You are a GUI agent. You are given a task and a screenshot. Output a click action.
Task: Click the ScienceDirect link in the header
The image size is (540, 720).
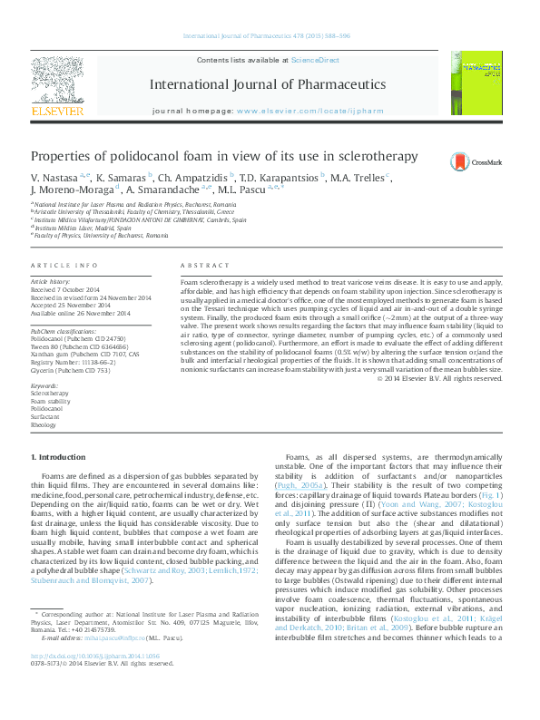pyautogui.click(x=315, y=60)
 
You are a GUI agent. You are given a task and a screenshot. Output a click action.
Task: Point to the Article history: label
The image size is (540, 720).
pyautogui.click(x=51, y=282)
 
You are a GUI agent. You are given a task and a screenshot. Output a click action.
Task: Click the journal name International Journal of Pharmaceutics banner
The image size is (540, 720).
pyautogui.click(x=267, y=84)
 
